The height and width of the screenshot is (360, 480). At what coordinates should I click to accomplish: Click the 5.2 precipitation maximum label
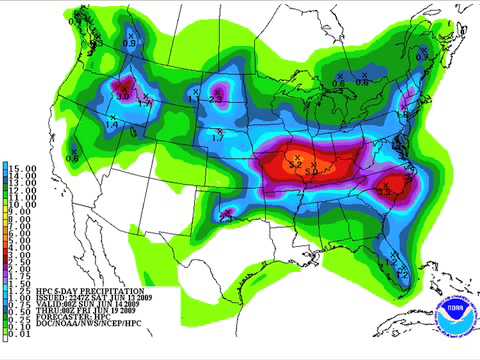(294, 159)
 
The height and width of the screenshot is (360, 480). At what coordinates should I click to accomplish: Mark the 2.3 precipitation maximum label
(217, 98)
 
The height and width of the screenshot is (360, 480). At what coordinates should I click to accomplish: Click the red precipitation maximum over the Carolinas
(399, 184)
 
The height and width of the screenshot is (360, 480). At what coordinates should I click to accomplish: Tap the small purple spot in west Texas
(226, 212)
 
